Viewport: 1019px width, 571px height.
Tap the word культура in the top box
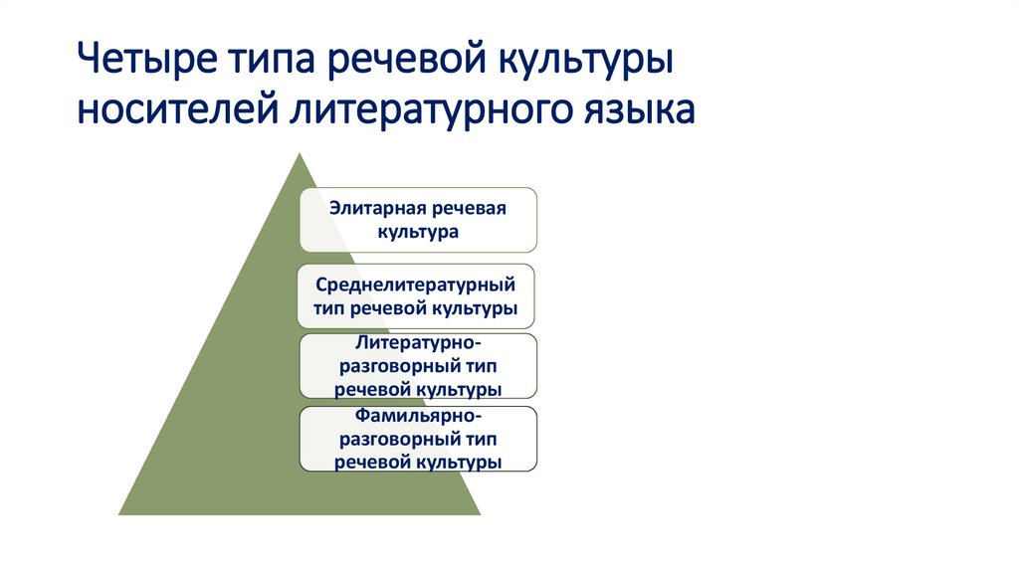point(418,232)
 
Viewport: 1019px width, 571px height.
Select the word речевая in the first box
point(470,209)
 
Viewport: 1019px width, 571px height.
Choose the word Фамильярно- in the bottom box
point(418,417)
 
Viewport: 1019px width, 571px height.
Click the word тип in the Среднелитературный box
point(329,308)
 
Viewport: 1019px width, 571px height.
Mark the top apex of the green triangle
point(298,153)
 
